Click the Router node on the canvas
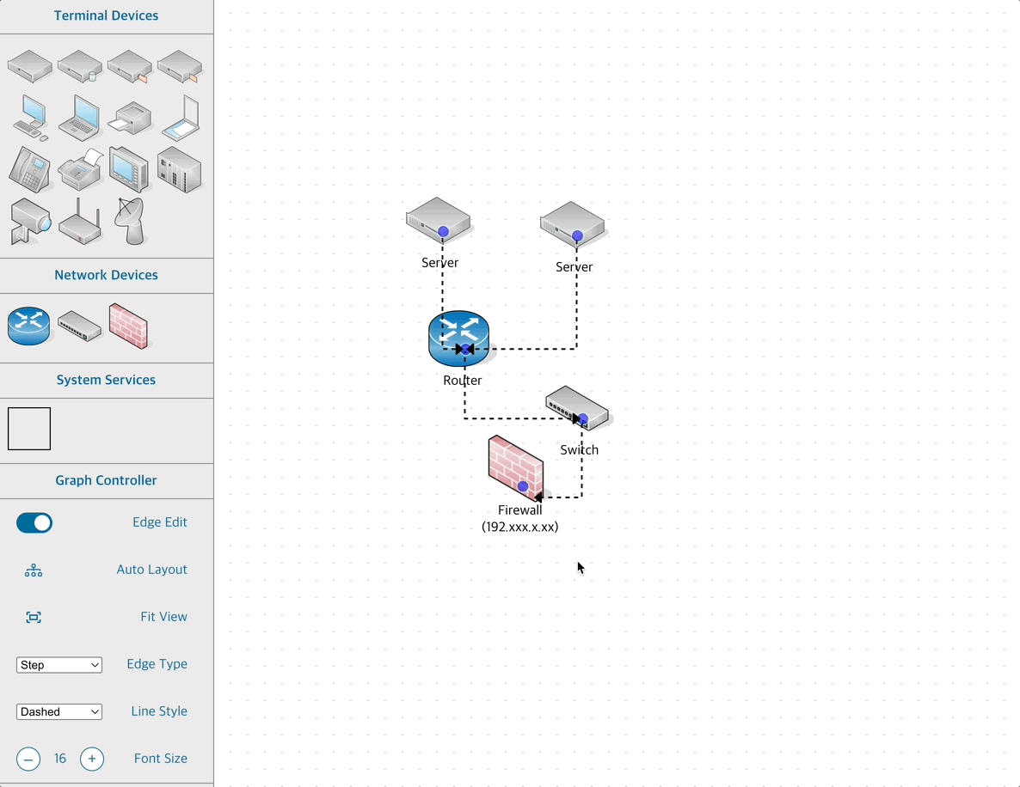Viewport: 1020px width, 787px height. click(x=458, y=338)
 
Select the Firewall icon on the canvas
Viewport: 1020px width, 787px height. click(x=515, y=467)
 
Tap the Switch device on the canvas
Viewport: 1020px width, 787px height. click(x=576, y=407)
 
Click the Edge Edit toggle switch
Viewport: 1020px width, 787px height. click(x=34, y=522)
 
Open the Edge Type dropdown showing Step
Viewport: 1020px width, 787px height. click(x=59, y=665)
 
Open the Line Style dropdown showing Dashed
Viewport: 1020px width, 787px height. click(x=59, y=712)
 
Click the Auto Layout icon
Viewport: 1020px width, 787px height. click(x=34, y=570)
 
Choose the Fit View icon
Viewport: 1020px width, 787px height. click(x=34, y=618)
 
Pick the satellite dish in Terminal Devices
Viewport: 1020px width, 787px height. click(x=130, y=221)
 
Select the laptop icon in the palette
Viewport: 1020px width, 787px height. click(x=79, y=118)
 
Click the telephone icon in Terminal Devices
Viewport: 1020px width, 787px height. click(x=29, y=169)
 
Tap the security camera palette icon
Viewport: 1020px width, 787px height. click(x=29, y=222)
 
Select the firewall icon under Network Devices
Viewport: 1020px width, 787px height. click(x=129, y=326)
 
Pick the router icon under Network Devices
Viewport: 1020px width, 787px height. click(x=29, y=326)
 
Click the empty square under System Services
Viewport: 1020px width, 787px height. click(x=29, y=429)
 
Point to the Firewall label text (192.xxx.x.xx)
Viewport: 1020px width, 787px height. click(x=519, y=527)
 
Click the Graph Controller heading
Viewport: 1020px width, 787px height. click(x=106, y=480)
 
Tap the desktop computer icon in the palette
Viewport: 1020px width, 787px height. click(x=30, y=118)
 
